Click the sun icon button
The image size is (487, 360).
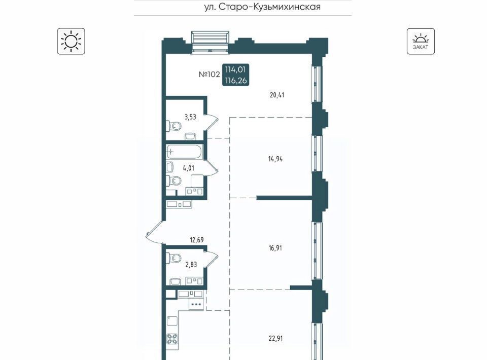click(71, 41)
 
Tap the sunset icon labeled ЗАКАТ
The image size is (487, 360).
click(421, 41)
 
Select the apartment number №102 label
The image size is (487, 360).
click(210, 75)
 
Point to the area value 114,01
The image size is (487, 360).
click(235, 69)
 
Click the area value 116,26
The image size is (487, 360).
click(236, 81)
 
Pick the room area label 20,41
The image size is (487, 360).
click(277, 95)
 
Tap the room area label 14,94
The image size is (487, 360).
click(275, 159)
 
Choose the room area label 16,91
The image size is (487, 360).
click(275, 248)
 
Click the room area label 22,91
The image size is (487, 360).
click(275, 338)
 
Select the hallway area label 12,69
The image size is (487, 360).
click(197, 240)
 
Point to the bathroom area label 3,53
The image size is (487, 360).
click(190, 117)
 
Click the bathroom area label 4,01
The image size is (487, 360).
click(189, 168)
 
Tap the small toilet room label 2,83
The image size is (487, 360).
click(191, 264)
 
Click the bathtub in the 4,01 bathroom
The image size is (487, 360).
click(184, 152)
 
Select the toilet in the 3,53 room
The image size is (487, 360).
click(173, 126)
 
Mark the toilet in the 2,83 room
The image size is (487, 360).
click(173, 257)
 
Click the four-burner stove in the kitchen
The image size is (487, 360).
click(172, 339)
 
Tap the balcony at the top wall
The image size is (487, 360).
click(210, 41)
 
